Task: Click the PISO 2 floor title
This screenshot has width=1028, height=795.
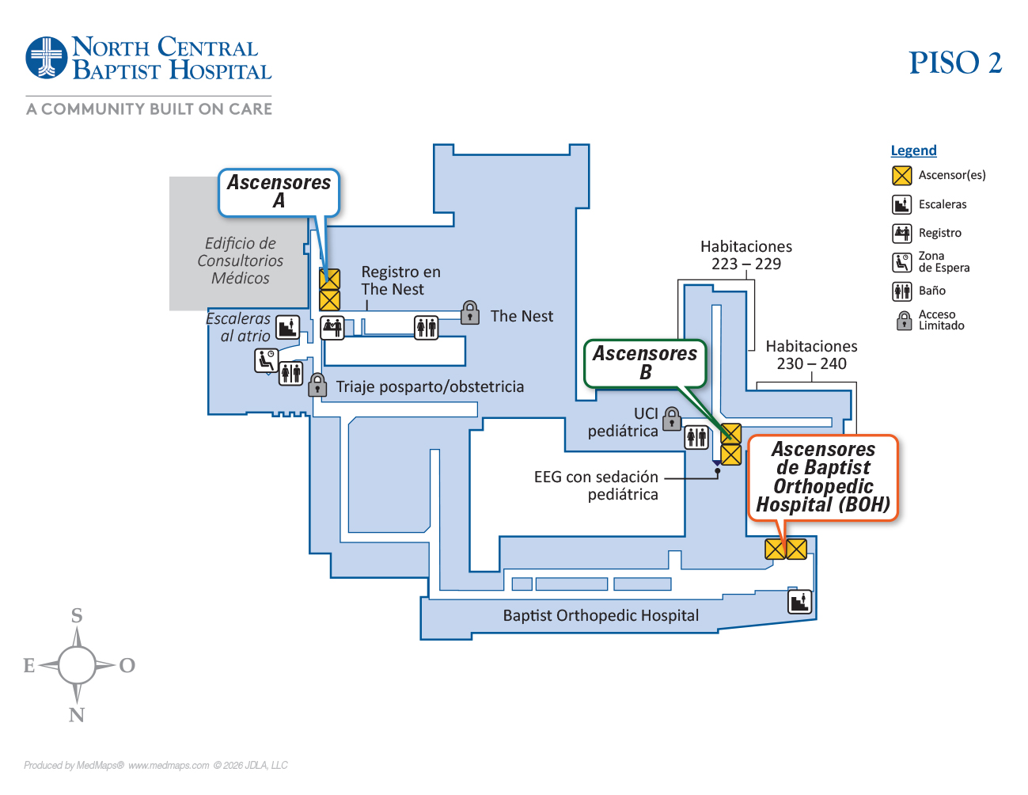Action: click(x=954, y=63)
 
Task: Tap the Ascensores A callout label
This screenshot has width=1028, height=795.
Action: click(x=279, y=192)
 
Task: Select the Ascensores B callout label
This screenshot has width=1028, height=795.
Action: click(x=645, y=363)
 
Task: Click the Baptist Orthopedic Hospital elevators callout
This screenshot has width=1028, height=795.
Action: click(x=823, y=477)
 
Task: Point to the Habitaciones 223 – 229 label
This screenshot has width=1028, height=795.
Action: click(x=745, y=255)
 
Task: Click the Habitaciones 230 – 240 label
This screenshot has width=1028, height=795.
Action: click(x=811, y=355)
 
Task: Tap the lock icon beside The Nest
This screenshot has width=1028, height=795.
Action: click(x=470, y=313)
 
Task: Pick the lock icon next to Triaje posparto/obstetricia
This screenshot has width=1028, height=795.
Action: click(x=317, y=385)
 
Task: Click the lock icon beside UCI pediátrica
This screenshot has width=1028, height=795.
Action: click(x=672, y=418)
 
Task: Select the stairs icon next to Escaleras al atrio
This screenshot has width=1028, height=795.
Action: click(x=287, y=326)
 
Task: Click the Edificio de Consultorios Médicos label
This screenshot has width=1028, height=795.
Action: click(x=240, y=261)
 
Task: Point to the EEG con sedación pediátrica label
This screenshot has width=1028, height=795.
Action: click(x=596, y=485)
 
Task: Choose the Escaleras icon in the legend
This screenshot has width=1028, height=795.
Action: click(x=902, y=204)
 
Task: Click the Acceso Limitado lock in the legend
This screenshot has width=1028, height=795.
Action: click(x=904, y=321)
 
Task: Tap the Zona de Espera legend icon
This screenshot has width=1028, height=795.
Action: click(x=902, y=262)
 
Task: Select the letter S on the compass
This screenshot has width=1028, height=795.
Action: click(x=77, y=615)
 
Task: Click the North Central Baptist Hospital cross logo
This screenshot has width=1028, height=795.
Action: click(x=47, y=58)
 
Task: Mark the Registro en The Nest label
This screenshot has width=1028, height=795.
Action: click(x=400, y=280)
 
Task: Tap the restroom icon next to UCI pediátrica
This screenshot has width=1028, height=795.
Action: click(x=696, y=437)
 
